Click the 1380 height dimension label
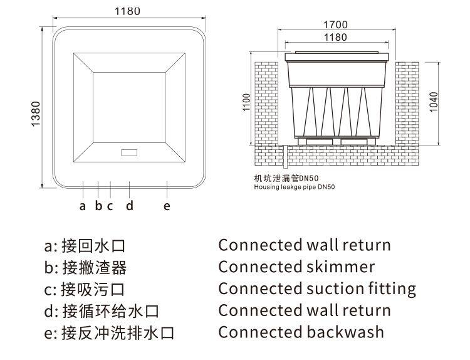click(x=36, y=114)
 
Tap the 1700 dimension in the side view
click(x=335, y=25)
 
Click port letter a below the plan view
click(x=82, y=205)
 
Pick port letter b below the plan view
click(x=98, y=205)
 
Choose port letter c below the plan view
click(x=110, y=205)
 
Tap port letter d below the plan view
click(x=129, y=205)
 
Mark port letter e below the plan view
click(x=167, y=205)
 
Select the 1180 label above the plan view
click(x=128, y=11)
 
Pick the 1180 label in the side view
click(x=335, y=37)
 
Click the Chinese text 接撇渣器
click(x=95, y=268)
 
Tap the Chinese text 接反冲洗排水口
click(x=118, y=332)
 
